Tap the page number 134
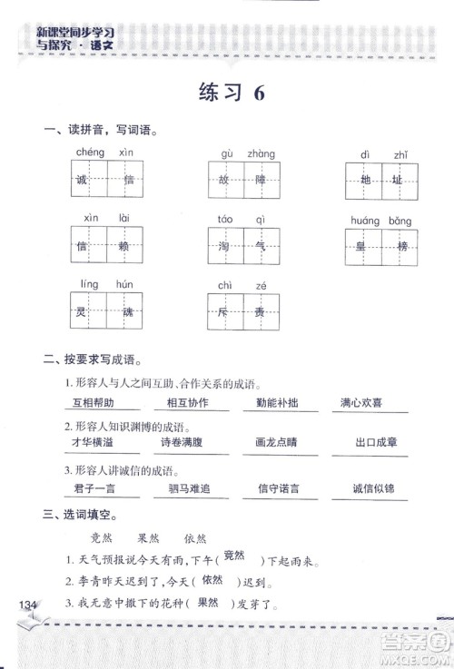22,605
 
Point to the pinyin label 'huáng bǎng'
380,221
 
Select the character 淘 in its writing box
224,246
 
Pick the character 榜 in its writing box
400,247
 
